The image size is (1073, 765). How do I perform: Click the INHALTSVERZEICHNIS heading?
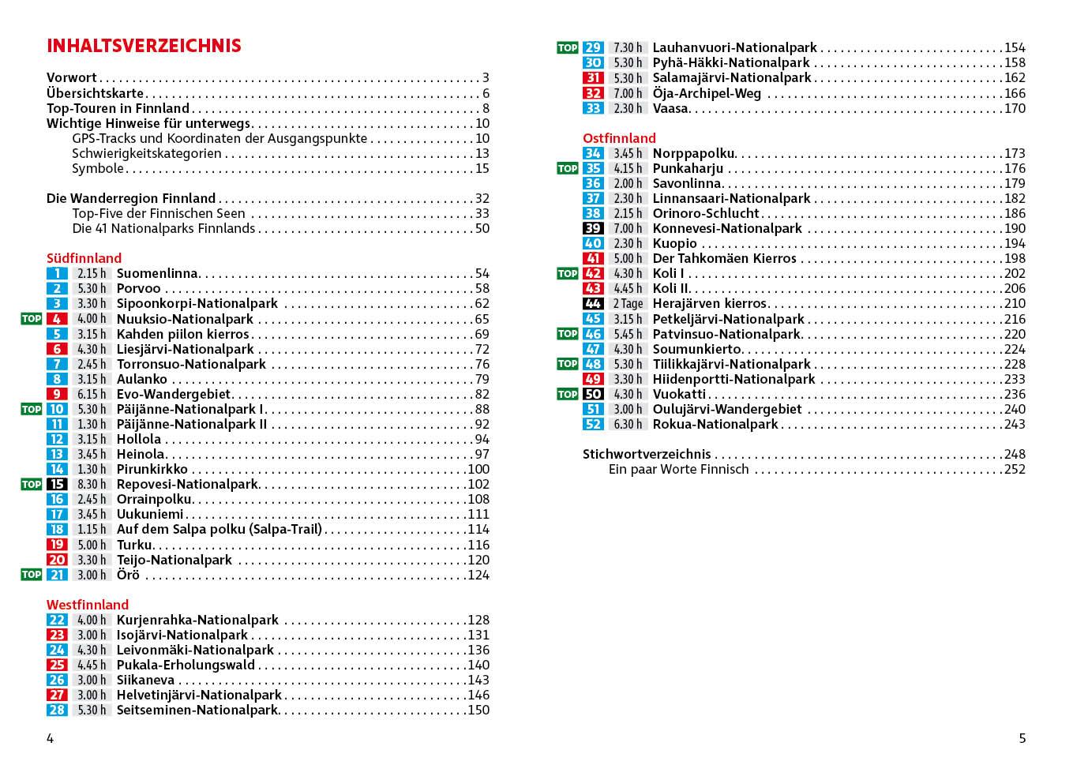144,46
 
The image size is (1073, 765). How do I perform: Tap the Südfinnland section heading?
84,258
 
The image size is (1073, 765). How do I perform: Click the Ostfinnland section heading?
619,138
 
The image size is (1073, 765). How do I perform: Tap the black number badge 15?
57,485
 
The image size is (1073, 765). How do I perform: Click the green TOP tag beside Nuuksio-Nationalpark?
31,319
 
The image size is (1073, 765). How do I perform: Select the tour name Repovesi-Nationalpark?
187,485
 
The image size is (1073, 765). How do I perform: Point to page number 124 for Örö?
478,575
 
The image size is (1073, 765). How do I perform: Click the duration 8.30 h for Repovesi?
92,485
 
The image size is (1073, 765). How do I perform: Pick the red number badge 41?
593,259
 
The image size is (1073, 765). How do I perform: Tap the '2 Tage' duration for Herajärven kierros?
628,304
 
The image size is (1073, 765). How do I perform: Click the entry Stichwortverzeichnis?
647,454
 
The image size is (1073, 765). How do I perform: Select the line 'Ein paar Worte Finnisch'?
678,469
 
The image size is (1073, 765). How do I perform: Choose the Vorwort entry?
72,77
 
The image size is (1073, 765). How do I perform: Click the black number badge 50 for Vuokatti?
593,394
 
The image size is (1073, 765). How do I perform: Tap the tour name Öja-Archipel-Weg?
707,93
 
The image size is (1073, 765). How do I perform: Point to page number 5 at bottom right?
1022,739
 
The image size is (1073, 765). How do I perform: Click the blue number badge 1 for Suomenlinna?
57,274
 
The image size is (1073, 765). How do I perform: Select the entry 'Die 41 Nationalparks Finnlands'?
163,228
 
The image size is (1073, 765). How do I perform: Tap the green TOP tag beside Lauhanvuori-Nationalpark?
567,47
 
